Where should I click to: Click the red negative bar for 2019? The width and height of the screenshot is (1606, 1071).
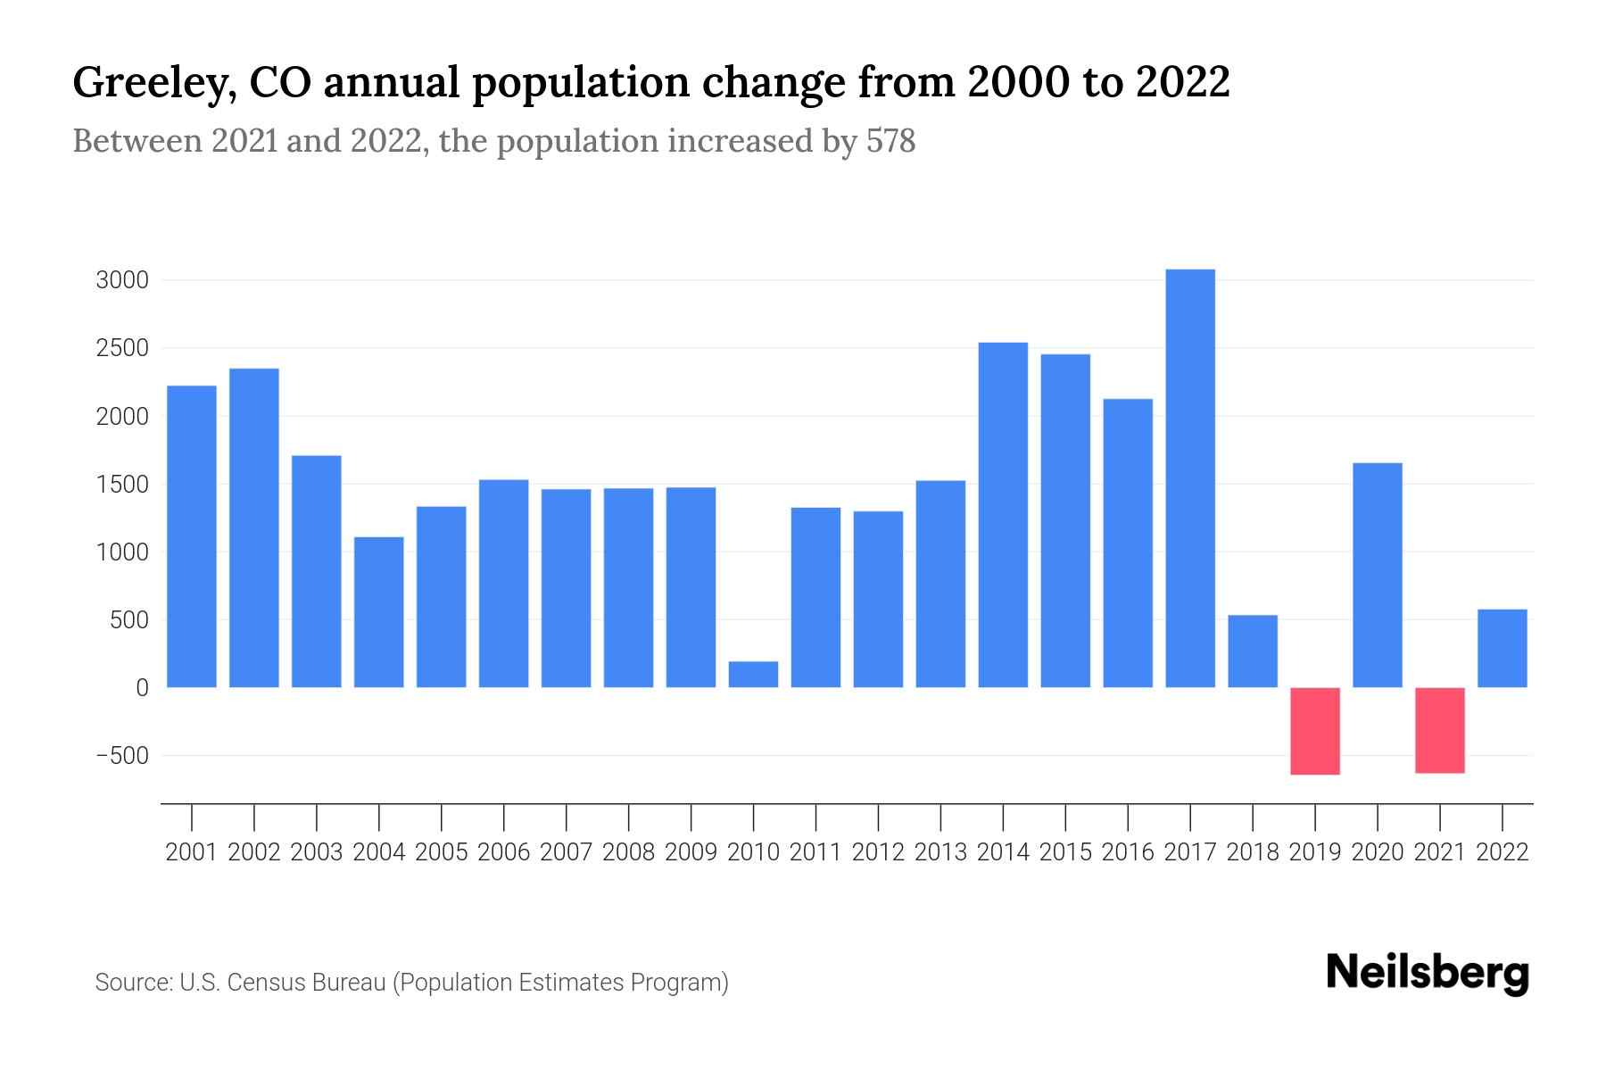click(1315, 731)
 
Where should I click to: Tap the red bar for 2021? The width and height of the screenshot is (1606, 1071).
click(1440, 730)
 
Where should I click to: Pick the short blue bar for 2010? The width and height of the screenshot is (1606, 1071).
click(753, 675)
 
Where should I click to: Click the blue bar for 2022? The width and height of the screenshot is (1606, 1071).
click(1503, 649)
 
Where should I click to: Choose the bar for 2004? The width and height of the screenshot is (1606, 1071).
click(379, 612)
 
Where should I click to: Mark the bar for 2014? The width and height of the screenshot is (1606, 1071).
click(1003, 515)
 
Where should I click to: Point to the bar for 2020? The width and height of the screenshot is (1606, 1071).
click(1378, 575)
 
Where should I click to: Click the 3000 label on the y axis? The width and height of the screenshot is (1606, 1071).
click(122, 280)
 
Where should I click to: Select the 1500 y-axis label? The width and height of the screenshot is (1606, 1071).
click(122, 485)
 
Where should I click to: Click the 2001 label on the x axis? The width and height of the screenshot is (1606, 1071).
click(192, 852)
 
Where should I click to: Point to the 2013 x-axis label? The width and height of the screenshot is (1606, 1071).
click(940, 852)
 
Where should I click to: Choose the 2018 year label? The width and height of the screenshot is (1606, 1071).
click(1253, 852)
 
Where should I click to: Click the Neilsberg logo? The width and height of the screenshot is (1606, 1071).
click(1428, 973)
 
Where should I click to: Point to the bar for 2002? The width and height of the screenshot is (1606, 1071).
click(254, 527)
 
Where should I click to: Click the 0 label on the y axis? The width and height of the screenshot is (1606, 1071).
click(142, 688)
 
